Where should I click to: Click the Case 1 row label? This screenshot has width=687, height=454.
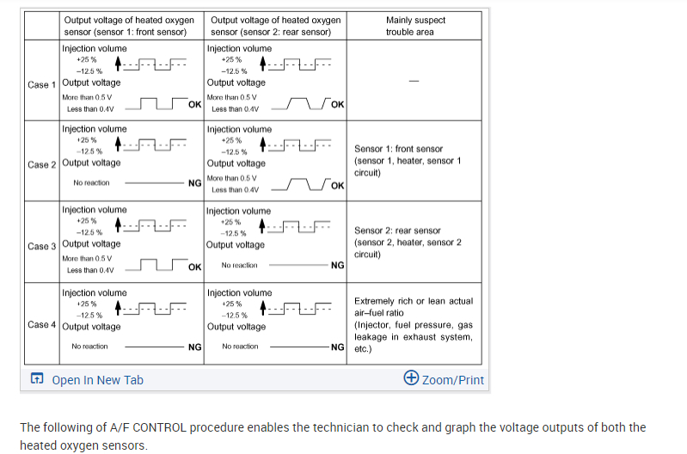point(42,84)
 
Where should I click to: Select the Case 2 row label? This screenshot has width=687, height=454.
point(42,164)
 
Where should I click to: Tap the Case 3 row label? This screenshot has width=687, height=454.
point(42,246)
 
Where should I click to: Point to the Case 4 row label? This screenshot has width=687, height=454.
point(42,325)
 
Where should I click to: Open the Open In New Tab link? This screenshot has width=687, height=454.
point(97,379)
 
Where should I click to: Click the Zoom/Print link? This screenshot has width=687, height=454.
point(453,379)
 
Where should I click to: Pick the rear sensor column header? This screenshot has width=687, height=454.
point(275,26)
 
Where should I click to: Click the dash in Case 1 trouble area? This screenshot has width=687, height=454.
point(414,82)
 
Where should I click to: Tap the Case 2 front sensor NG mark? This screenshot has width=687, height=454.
point(194,183)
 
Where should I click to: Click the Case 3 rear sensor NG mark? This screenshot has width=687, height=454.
point(337,266)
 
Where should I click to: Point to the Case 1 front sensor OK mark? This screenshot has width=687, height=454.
point(194,104)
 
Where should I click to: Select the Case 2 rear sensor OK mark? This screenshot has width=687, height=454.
point(337,185)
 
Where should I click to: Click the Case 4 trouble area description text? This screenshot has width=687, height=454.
point(414,325)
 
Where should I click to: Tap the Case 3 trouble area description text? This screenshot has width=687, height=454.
point(408,242)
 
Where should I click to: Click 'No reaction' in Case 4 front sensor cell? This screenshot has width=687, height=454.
point(89,347)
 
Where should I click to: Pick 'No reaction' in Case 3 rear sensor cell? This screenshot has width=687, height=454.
point(239,266)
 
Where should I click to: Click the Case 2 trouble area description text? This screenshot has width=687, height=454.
point(408,161)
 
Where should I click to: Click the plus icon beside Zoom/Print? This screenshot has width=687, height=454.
point(411,378)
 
